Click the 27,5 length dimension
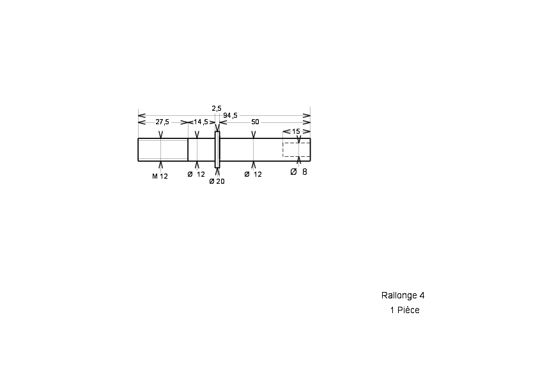point(162,122)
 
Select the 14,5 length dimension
point(201,122)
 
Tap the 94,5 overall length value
point(230,115)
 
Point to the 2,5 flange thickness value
point(217,109)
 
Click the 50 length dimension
point(255,122)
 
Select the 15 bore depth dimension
point(296,131)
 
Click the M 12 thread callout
point(160,176)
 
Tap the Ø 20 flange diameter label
point(217,181)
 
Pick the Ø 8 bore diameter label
point(298,172)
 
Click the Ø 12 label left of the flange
point(196,174)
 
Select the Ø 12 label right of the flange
point(253,174)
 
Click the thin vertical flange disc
point(217,150)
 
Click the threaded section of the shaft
point(163,150)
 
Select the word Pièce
point(408,310)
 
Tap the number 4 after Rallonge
point(422,295)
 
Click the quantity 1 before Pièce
point(392,310)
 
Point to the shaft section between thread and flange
point(201,150)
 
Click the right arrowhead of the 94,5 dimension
point(307,115)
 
